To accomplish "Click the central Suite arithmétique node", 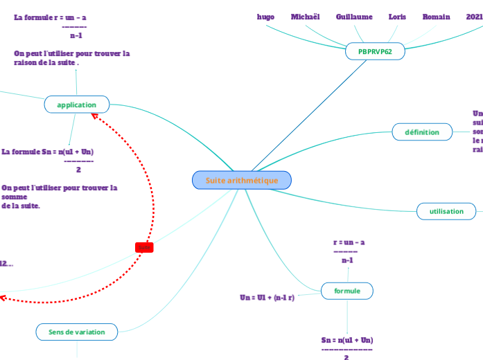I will (242, 181).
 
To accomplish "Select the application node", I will (77, 105).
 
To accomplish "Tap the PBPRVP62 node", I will (375, 51).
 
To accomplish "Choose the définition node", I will (422, 132).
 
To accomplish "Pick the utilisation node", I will (446, 211).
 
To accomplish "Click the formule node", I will (347, 291).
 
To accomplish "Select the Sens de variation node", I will (77, 332).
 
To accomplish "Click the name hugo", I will (265, 17).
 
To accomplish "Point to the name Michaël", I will (306, 17).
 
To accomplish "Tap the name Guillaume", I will (354, 17).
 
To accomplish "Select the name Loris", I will (398, 17).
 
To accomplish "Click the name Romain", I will (437, 17).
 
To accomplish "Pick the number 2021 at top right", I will (474, 17).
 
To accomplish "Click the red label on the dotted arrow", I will (144, 247).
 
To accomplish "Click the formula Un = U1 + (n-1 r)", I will (267, 298).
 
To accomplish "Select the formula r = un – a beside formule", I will (349, 242).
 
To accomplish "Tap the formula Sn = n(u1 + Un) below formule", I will (347, 340).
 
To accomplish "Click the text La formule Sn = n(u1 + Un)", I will (48, 152).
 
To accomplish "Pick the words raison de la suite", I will (46, 62).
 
